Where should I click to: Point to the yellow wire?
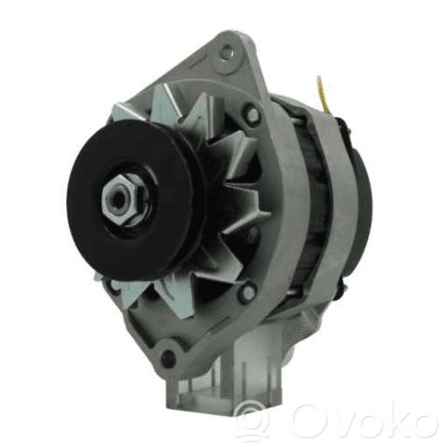click(323, 94)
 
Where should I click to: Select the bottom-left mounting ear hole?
click(168, 354)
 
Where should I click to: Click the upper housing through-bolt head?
click(252, 114)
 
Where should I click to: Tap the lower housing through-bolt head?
click(248, 292)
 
